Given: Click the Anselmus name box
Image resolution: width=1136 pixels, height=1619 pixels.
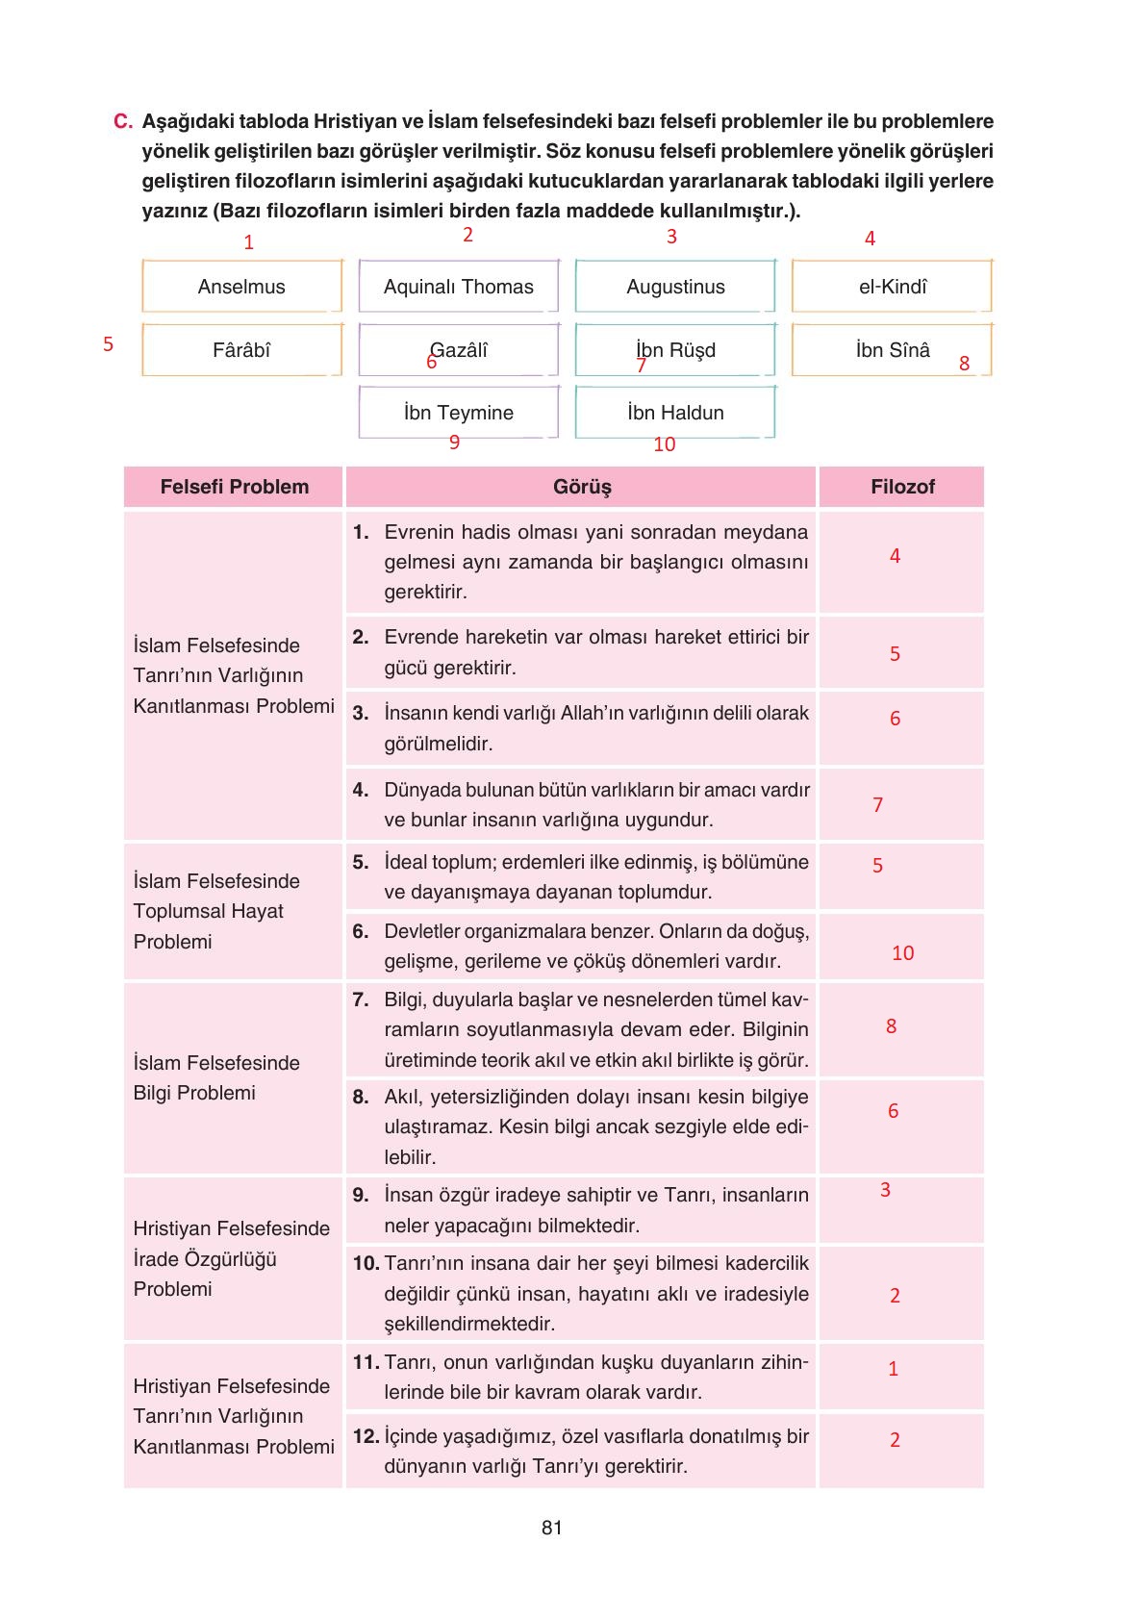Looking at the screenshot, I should coord(241,286).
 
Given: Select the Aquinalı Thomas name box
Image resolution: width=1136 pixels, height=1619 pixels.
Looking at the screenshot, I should coord(458,286).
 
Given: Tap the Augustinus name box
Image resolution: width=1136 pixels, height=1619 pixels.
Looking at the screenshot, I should coord(675,286).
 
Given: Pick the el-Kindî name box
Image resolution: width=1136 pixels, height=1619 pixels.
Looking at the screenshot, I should coord(892,286).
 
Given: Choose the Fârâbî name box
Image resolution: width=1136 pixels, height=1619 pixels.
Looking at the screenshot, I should coord(241,349).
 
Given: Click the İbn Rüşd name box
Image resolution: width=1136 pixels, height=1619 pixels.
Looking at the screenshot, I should coord(675,349).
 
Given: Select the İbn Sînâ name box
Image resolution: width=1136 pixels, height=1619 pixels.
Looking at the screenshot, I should coord(892,349).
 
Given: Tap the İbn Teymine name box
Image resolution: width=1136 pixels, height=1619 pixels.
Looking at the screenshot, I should coord(458,412).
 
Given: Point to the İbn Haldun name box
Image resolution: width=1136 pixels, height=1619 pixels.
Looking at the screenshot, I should coord(675,412).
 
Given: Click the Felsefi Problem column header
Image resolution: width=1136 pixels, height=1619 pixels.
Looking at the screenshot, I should coord(234,487).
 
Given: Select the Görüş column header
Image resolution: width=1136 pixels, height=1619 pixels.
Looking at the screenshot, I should coord(581,487).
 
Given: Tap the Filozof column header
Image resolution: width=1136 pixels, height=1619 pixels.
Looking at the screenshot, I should coord(901,487).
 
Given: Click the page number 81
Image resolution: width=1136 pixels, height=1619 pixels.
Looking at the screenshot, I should coord(552,1528).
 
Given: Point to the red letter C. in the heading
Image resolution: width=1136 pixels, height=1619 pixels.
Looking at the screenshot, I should coord(122,121).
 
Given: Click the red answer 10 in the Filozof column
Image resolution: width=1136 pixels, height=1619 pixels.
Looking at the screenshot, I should coord(902,953).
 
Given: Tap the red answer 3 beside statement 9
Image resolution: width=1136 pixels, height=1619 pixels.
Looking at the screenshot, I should coord(885,1190).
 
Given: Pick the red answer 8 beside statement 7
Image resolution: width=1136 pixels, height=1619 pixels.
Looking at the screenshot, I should coord(891,1026).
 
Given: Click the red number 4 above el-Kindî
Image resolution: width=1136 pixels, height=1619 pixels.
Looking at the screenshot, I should coord(870,239).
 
